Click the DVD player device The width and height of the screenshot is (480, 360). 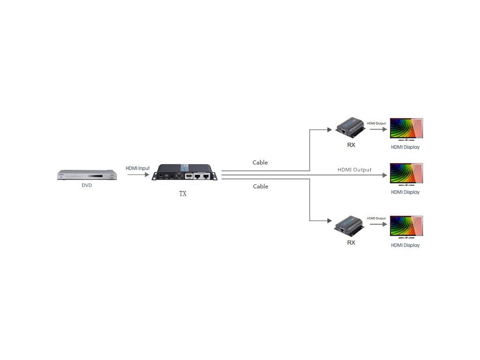tap(86, 175)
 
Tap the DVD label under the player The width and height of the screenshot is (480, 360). tap(87, 185)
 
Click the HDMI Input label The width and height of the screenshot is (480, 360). tap(137, 168)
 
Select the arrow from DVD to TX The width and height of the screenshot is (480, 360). tap(138, 175)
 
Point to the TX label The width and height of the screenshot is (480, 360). tap(183, 194)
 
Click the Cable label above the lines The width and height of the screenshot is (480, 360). tap(260, 163)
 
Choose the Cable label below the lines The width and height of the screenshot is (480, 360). tap(260, 187)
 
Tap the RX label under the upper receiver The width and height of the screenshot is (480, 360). tap(351, 145)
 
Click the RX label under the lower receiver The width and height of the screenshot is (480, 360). tap(351, 242)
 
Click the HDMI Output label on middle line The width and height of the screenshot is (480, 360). tap(354, 170)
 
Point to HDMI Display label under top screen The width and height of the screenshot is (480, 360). tap(405, 147)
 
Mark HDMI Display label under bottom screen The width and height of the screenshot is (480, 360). tap(405, 245)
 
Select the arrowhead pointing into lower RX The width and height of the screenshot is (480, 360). tap(330, 221)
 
